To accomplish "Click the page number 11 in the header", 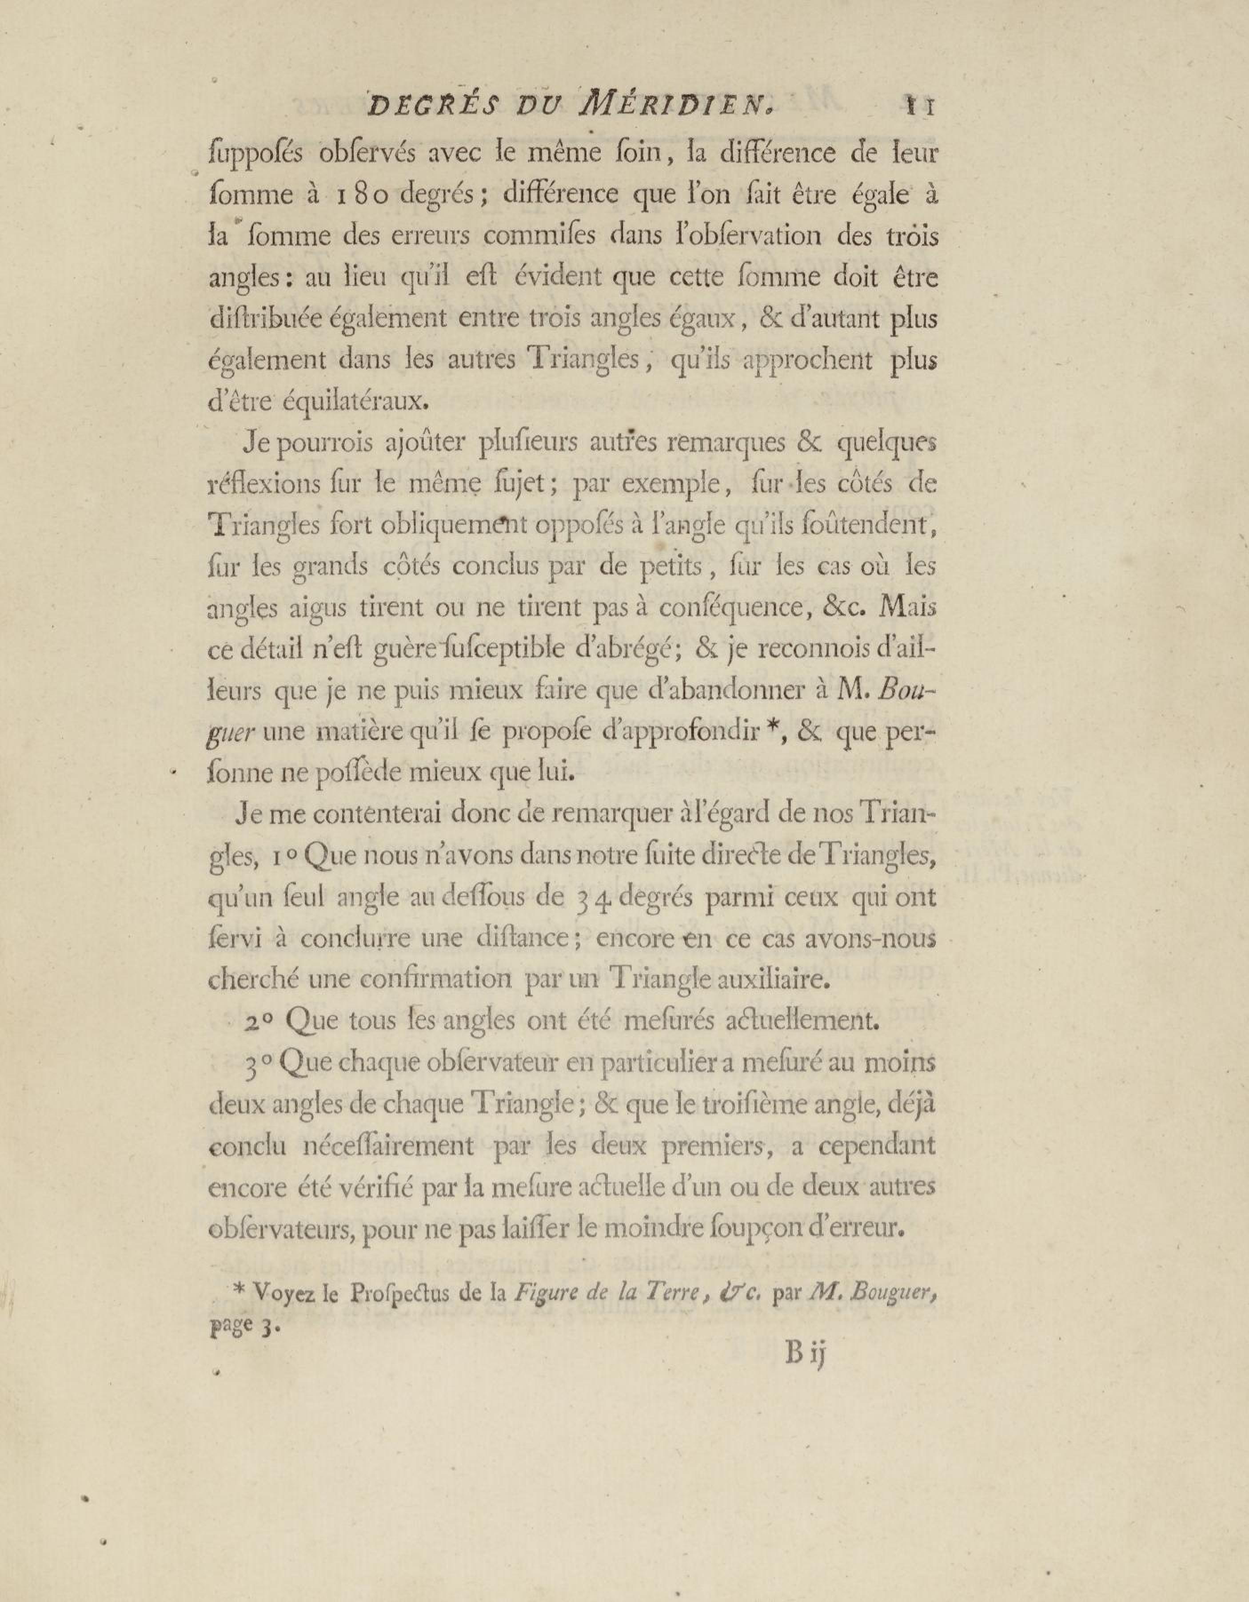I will tap(919, 107).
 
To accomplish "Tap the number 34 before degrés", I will tap(585, 896).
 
